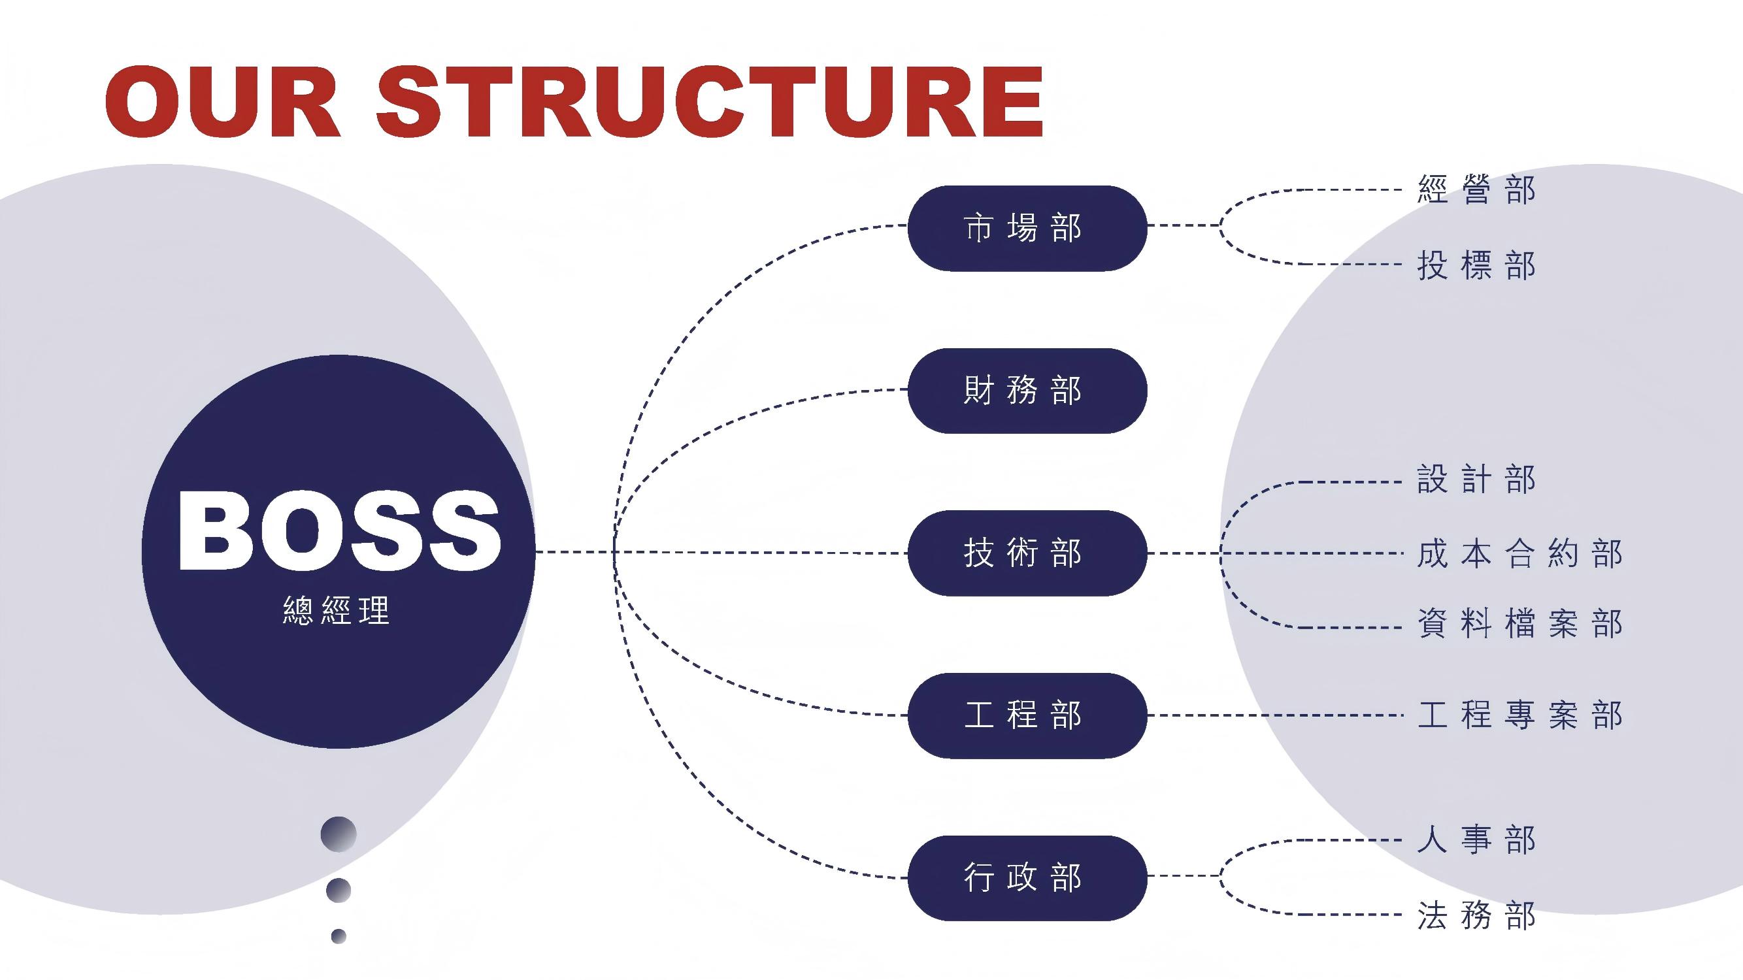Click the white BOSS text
click(339, 531)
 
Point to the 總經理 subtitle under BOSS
click(337, 610)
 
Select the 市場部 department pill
click(1027, 228)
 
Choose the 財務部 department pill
click(1027, 390)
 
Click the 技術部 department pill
click(1027, 553)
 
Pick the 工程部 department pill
click(1027, 715)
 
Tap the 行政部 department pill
click(1027, 877)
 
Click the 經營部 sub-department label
click(1476, 189)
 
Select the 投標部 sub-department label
click(1476, 265)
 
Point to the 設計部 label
click(1476, 480)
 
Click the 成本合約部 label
click(1519, 554)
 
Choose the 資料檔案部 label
click(1519, 623)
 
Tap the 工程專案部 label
click(1519, 715)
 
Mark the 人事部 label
click(1476, 840)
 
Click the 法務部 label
click(1476, 915)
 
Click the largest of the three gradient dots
click(339, 834)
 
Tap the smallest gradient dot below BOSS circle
click(339, 936)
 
